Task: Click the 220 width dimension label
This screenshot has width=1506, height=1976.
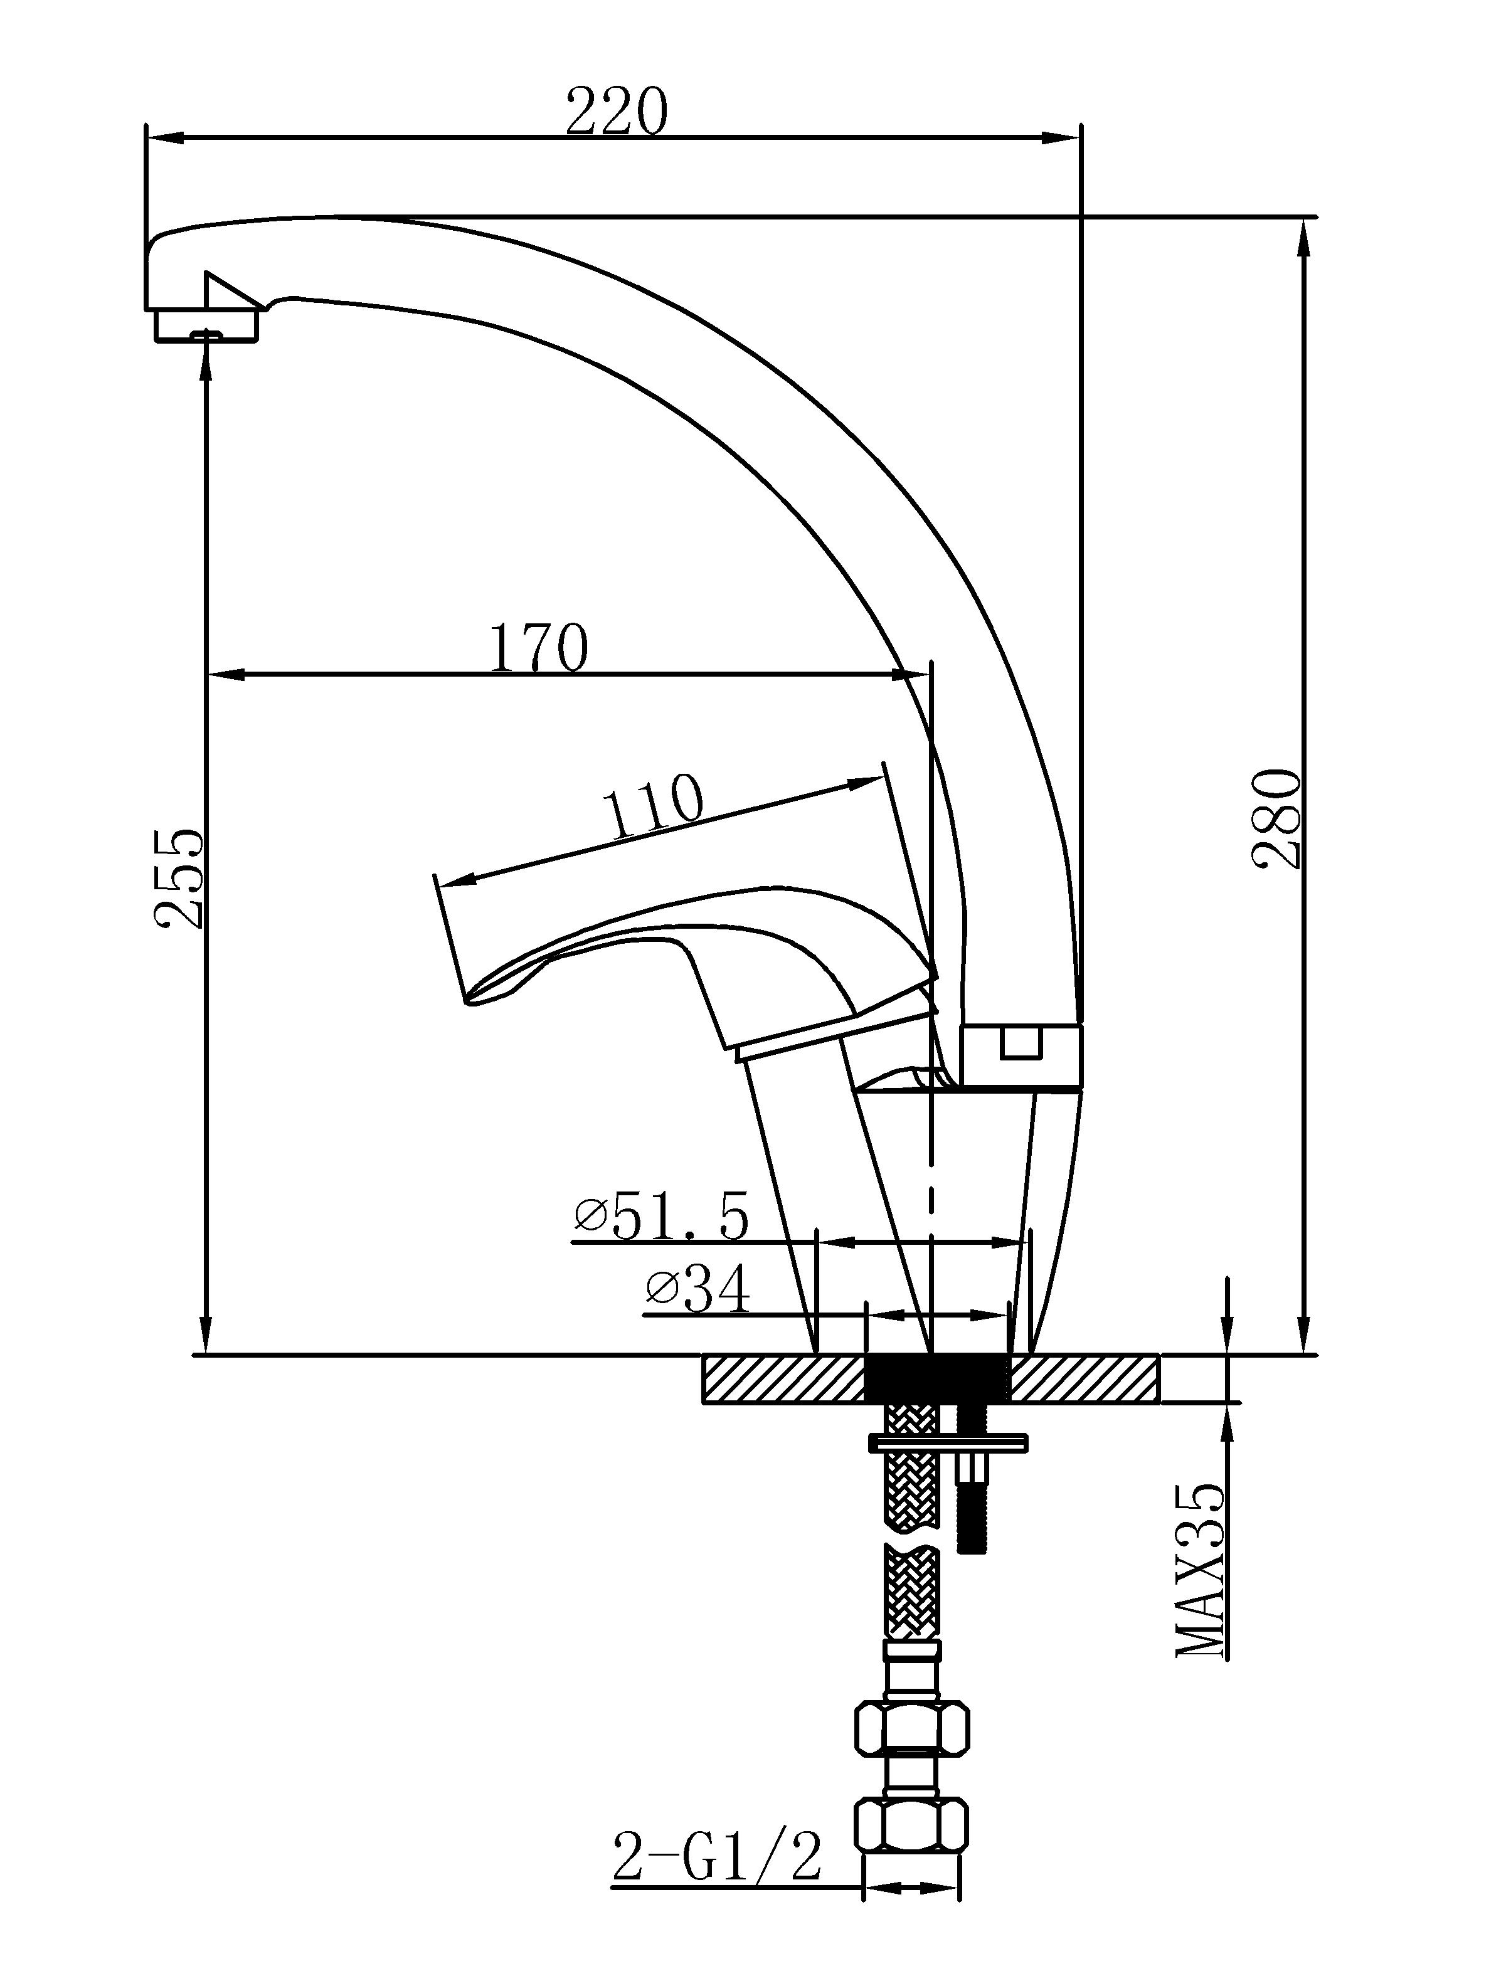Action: tap(617, 111)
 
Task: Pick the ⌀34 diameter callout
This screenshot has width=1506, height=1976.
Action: tap(697, 1291)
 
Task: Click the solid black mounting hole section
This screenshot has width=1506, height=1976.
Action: tap(936, 1376)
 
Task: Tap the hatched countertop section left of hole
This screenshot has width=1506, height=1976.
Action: tap(783, 1376)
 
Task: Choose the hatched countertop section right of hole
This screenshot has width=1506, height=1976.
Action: tap(1086, 1376)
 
